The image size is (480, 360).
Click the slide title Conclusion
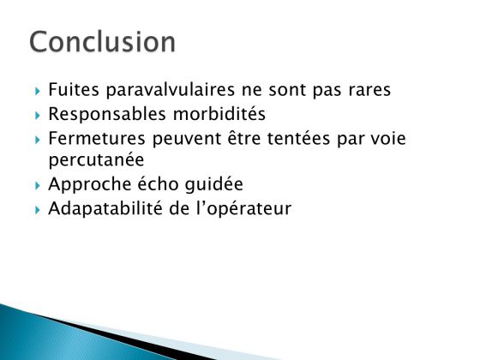[102, 42]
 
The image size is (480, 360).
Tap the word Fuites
[74, 89]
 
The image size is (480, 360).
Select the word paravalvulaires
[171, 90]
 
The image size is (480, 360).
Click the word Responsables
[107, 115]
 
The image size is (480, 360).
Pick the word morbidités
[219, 113]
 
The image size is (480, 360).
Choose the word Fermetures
[97, 138]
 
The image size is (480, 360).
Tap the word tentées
[299, 138]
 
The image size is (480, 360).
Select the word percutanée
[96, 160]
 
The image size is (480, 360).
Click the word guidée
[214, 184]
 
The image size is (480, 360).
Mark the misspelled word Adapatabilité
[105, 209]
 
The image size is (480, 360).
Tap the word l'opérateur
[243, 209]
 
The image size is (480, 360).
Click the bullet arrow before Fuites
[38, 91]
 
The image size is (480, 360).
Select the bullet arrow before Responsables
[38, 116]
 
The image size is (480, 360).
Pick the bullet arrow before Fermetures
[38, 140]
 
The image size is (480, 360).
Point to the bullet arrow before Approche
[38, 186]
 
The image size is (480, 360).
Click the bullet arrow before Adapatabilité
[38, 210]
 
